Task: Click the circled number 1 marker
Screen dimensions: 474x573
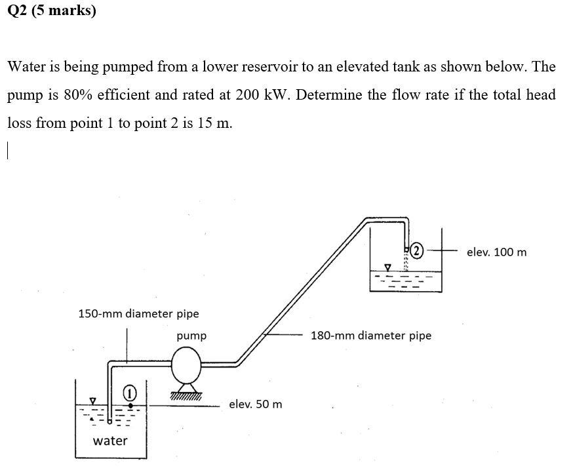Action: coord(130,391)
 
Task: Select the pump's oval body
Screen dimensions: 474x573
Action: coord(186,363)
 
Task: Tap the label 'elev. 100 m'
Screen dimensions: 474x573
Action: coord(496,252)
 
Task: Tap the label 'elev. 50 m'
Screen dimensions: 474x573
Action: coord(256,404)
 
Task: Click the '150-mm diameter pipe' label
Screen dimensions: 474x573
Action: coord(138,313)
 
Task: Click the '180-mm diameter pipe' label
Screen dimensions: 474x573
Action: coord(371,336)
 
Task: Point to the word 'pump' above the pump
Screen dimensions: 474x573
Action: coord(191,336)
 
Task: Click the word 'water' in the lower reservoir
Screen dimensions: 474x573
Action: coord(110,441)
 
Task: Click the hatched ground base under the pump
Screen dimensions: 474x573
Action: coord(185,395)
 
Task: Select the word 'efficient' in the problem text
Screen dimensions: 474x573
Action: coord(160,94)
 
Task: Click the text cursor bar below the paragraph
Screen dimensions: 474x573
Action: coord(8,151)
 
